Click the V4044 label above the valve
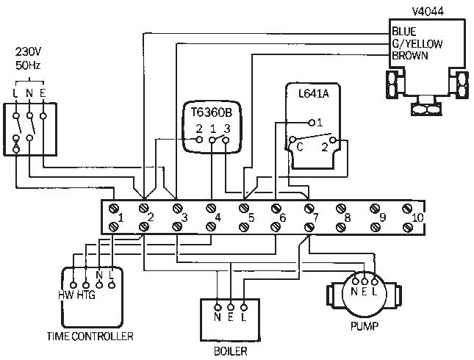428,10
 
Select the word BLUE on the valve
404,32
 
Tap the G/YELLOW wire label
417,43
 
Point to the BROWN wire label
409,55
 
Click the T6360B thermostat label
212,112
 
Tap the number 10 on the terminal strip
417,217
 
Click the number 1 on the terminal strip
121,217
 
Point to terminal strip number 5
251,217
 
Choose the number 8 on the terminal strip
348,217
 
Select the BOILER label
230,350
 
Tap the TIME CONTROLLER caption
90,336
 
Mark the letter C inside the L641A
300,146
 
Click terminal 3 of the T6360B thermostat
227,129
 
